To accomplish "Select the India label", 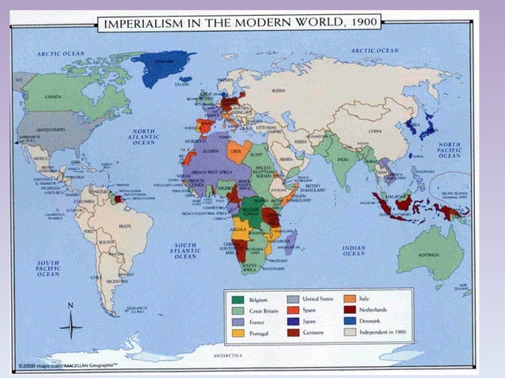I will (x=343, y=159).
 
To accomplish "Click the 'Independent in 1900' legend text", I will (x=384, y=333).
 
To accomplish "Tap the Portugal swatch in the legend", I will (x=236, y=333).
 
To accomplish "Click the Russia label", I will (x=278, y=90).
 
